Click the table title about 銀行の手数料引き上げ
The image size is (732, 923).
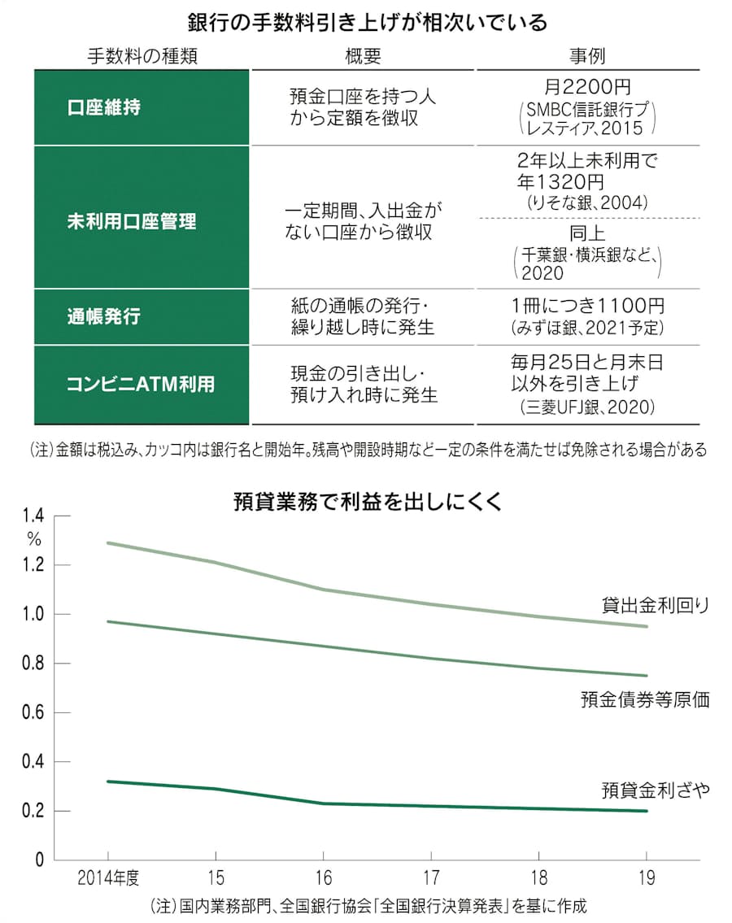[x=367, y=22]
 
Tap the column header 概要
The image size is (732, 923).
[x=363, y=55]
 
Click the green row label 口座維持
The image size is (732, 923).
[x=103, y=107]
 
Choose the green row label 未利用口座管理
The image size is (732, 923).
[x=131, y=221]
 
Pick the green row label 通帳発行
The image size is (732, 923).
[x=103, y=316]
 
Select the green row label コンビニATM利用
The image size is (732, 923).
[x=141, y=384]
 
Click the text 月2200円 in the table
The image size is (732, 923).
[x=586, y=86]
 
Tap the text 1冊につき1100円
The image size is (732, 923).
[x=587, y=307]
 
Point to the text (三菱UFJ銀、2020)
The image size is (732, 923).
[x=587, y=408]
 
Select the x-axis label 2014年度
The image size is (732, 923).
[x=109, y=879]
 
